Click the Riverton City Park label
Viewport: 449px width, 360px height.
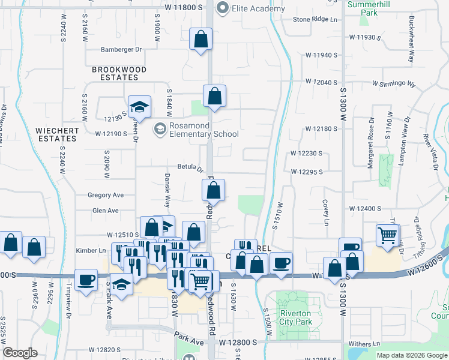[295, 317]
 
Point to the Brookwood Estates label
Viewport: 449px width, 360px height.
[119, 74]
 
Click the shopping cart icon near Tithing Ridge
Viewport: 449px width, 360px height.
[388, 235]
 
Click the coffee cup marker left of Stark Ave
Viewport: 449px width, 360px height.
[86, 279]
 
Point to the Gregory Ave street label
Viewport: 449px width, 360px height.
[106, 195]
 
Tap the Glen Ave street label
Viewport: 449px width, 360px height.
[106, 211]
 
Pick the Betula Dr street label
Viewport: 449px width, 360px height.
[190, 167]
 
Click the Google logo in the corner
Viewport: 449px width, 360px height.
[20, 353]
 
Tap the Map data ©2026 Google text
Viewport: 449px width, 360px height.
[411, 355]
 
